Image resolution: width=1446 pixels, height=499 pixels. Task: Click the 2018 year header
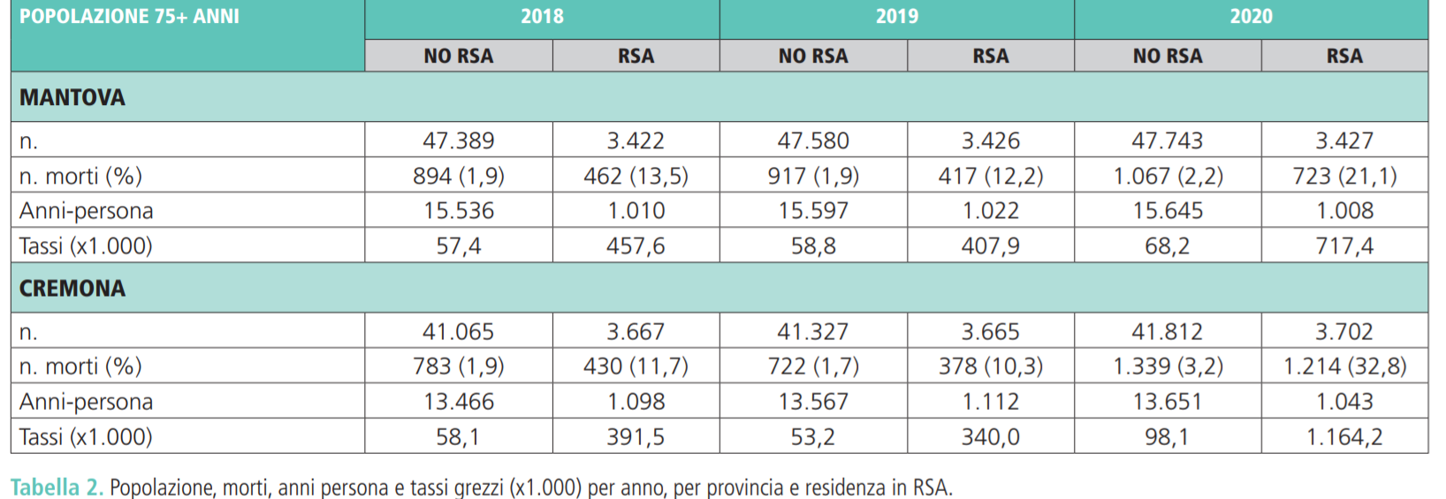[542, 17]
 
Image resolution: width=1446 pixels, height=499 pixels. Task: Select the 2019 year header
[896, 17]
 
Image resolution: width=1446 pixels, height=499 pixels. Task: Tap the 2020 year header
[1251, 17]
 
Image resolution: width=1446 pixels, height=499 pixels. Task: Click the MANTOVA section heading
[72, 98]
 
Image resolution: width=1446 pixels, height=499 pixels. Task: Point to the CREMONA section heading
[72, 289]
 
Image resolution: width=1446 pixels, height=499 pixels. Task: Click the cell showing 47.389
[458, 140]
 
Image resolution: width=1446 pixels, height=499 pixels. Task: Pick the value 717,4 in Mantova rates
[1343, 246]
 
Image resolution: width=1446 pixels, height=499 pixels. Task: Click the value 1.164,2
[1343, 436]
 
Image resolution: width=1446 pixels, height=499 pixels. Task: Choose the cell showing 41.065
[458, 331]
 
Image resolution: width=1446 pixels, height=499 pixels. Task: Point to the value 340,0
[990, 436]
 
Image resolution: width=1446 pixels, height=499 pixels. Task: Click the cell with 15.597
[812, 211]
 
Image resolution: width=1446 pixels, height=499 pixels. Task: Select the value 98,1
[1167, 436]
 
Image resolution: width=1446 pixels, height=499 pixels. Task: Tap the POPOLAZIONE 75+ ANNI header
[129, 17]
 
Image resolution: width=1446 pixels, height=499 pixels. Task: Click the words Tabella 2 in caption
[57, 487]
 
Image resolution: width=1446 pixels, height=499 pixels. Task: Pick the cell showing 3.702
[1343, 331]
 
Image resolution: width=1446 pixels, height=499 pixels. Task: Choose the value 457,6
[635, 246]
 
